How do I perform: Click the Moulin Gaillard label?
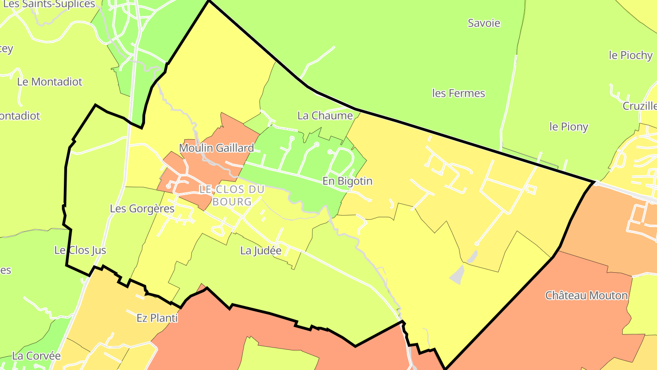click(216, 148)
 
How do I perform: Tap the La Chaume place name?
click(325, 116)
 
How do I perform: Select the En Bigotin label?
click(347, 181)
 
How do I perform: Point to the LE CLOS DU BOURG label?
click(232, 195)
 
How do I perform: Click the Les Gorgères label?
click(142, 209)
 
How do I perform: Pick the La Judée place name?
click(261, 250)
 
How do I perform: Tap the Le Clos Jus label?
click(80, 250)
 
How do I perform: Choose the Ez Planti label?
click(157, 317)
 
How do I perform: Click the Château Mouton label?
click(586, 296)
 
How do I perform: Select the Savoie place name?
click(484, 23)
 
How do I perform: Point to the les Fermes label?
click(458, 93)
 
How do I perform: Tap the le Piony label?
click(568, 127)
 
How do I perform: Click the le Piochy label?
click(631, 55)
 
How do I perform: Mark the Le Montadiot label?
click(49, 82)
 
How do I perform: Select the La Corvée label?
click(36, 356)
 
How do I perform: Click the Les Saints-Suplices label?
click(49, 4)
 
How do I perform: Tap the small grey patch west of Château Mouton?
click(458, 275)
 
